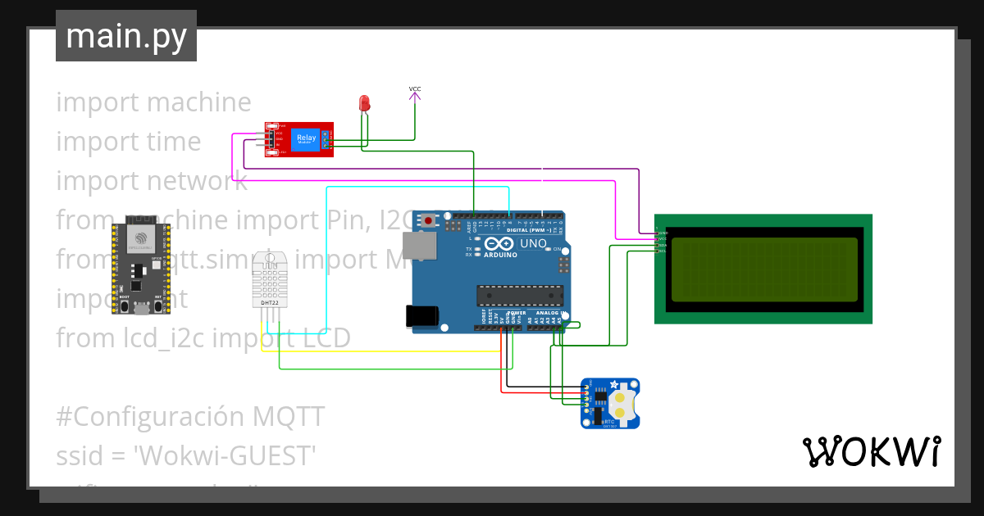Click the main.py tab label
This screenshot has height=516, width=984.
click(125, 36)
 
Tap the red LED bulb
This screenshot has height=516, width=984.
click(365, 102)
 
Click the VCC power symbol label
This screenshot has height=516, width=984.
click(415, 88)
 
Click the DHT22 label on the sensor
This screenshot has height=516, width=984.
click(269, 302)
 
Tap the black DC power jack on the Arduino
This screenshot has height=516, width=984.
click(422, 316)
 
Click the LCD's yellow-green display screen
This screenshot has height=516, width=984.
click(764, 269)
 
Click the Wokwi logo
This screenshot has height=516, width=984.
click(871, 451)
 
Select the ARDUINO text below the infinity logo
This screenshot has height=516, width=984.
click(500, 255)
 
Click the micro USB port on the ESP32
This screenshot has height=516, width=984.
click(141, 309)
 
